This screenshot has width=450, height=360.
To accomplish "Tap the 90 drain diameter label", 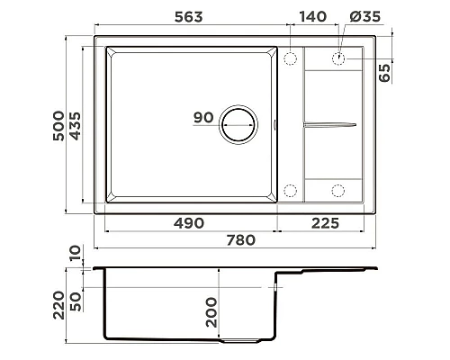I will pos(202,118).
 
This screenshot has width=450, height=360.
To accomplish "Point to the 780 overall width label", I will pos(238,240).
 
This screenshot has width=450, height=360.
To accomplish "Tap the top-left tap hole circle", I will pos(291,58).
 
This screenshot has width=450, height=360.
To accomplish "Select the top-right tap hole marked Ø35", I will pos(339,58).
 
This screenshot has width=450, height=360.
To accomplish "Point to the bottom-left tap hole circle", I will pos(291,190).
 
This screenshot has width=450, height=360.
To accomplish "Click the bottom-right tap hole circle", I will pos(339,190).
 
